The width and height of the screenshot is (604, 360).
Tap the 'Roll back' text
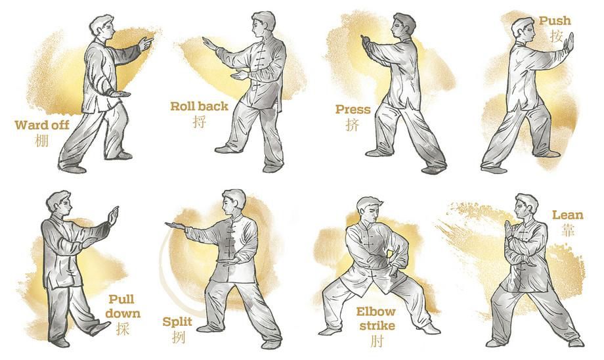coord(200,106)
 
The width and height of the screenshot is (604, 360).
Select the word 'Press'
coord(353,109)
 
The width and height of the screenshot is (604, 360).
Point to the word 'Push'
coord(555,21)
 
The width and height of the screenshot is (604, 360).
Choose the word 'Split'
coord(177,322)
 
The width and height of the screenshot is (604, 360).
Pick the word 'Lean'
coord(568,215)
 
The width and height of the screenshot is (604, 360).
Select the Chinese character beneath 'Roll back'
coord(200,121)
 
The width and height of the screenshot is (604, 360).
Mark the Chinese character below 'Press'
coord(353,125)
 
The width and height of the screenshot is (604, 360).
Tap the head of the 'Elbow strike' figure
coord(366,210)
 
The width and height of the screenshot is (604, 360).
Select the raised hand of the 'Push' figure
coord(569,43)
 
